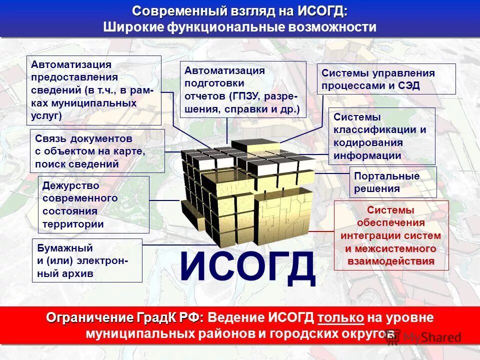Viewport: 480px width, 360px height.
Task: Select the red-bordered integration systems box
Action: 391,235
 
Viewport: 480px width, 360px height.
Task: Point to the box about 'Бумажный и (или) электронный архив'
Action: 87,260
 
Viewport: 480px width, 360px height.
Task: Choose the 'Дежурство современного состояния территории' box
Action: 93,204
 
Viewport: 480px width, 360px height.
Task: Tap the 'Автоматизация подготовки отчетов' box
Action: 242,89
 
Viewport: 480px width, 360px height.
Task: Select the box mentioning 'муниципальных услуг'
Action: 93,90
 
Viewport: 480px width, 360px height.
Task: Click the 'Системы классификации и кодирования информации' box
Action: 381,136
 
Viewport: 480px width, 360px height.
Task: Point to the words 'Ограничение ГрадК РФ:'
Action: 125,317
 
